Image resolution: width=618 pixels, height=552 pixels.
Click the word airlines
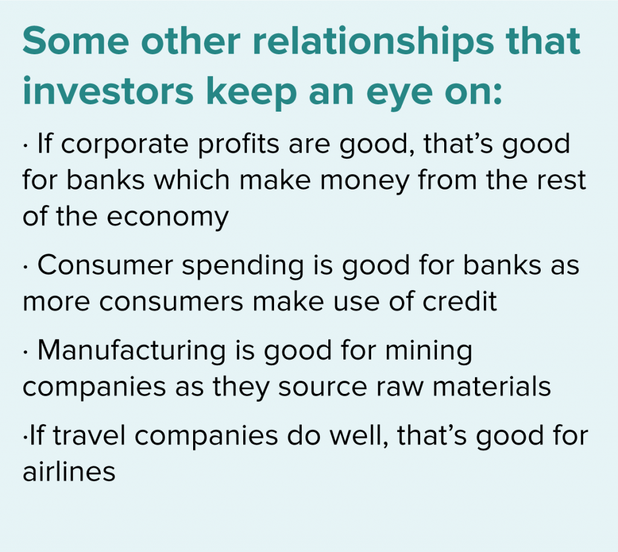(69, 470)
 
